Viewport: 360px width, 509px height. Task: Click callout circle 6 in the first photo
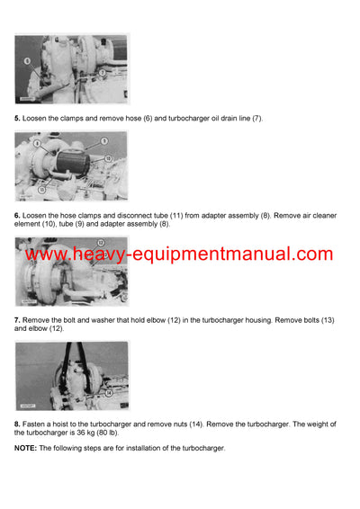pyautogui.click(x=27, y=60)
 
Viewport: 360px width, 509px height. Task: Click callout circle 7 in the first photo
pyautogui.click(x=102, y=71)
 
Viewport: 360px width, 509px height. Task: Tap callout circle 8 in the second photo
pyautogui.click(x=36, y=143)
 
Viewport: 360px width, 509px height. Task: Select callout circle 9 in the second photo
pyautogui.click(x=103, y=141)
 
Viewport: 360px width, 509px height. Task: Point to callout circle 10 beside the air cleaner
pyautogui.click(x=108, y=156)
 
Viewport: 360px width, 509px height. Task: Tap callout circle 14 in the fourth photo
pyautogui.click(x=108, y=393)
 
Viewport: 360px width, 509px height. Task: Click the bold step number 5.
pyautogui.click(x=17, y=119)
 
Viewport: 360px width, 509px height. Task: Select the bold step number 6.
pyautogui.click(x=17, y=215)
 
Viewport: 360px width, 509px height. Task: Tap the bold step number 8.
pyautogui.click(x=17, y=424)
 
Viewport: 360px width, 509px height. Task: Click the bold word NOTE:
pyautogui.click(x=25, y=448)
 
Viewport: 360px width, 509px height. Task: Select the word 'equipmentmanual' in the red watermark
pyautogui.click(x=229, y=254)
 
